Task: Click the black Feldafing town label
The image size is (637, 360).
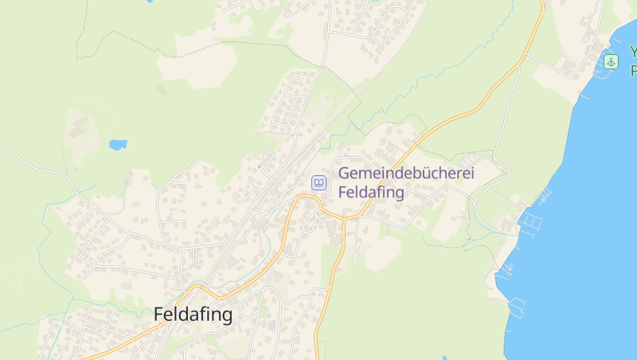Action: [193, 315]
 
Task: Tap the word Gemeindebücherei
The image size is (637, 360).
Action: [406, 174]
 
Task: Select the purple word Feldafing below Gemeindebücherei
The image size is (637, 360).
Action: [371, 192]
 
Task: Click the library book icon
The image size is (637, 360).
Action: [318, 183]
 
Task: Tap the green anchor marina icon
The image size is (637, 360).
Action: [611, 62]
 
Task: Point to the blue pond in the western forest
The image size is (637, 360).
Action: [118, 145]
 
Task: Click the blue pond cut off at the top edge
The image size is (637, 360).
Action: [149, 2]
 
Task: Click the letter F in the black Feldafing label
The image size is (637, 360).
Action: [159, 315]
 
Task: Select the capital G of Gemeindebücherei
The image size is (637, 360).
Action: [345, 174]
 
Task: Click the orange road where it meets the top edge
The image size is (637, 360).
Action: [544, 3]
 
